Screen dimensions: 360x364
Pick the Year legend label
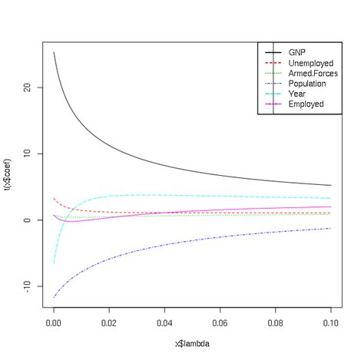click(x=296, y=94)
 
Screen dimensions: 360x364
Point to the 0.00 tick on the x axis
click(x=54, y=322)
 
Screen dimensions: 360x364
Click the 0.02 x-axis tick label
click(x=109, y=322)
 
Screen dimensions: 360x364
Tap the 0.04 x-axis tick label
click(x=164, y=322)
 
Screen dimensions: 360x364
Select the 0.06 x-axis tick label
click(x=220, y=322)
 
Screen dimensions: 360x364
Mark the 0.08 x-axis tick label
click(x=275, y=322)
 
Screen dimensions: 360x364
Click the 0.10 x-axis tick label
click(x=330, y=322)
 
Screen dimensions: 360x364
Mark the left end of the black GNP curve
click(x=54, y=53)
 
